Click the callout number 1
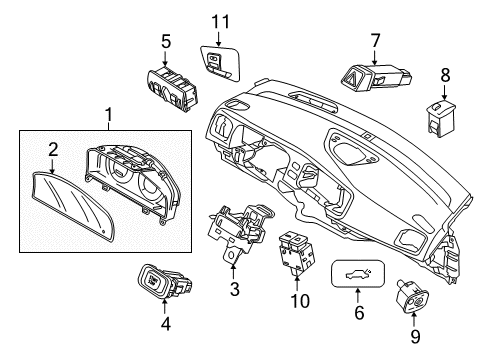click(x=108, y=119)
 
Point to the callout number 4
click(x=166, y=323)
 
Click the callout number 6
click(x=359, y=312)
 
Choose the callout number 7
click(x=375, y=41)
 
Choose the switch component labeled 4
click(x=165, y=278)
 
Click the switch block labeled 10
click(x=297, y=252)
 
